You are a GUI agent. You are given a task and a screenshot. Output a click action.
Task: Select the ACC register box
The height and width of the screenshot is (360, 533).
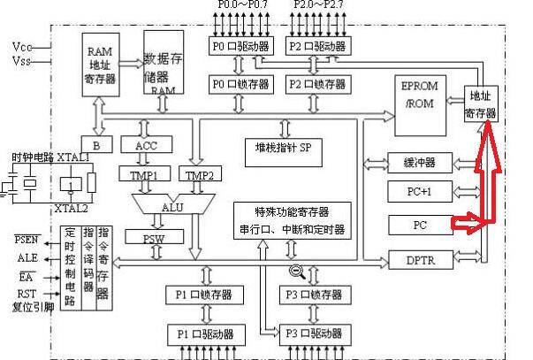pyautogui.click(x=146, y=145)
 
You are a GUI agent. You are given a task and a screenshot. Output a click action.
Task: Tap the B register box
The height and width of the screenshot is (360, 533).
pyautogui.click(x=95, y=144)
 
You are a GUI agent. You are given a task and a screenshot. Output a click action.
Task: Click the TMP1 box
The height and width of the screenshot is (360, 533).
pyautogui.click(x=143, y=175)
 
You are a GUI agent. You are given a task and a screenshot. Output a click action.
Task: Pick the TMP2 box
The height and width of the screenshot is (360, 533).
pyautogui.click(x=198, y=175)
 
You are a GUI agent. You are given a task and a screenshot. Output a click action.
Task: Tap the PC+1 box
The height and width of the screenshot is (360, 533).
pyautogui.click(x=420, y=192)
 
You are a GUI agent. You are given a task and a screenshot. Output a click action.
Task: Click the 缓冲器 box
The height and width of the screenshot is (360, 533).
pyautogui.click(x=420, y=162)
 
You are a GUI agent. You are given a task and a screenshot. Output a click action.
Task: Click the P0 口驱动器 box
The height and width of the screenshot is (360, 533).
pyautogui.click(x=240, y=46)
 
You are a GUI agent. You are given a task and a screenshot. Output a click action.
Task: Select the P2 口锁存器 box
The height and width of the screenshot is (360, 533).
pyautogui.click(x=316, y=84)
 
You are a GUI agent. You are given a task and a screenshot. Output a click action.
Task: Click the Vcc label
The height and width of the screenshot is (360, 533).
pyautogui.click(x=24, y=45)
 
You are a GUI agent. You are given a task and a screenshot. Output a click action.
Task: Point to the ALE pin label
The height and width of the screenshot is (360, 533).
pyautogui.click(x=28, y=257)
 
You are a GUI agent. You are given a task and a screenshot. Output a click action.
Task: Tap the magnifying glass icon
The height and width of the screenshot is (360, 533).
pyautogui.click(x=298, y=272)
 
